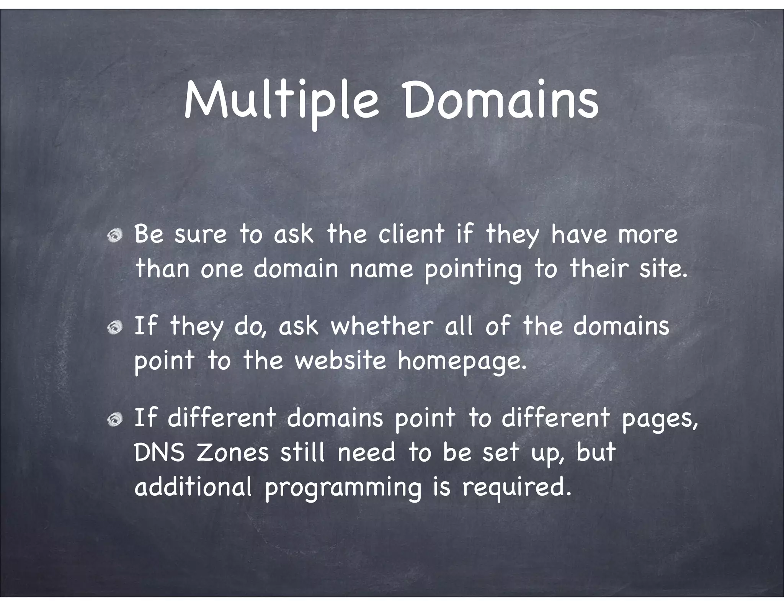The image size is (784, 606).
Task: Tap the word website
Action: [x=340, y=360]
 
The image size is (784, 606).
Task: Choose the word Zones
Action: [x=233, y=452]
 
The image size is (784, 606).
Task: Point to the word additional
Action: [x=193, y=486]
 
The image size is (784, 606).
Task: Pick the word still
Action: [x=302, y=452]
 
